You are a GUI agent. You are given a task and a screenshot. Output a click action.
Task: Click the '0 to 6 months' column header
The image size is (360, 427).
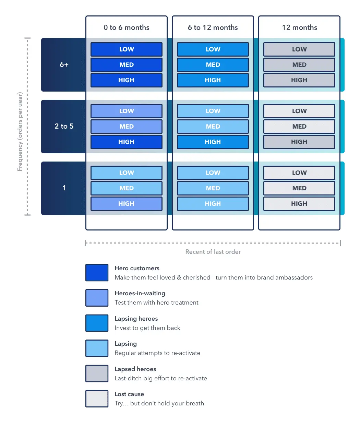(x=127, y=27)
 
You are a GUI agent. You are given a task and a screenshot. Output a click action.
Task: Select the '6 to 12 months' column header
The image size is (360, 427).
(x=213, y=27)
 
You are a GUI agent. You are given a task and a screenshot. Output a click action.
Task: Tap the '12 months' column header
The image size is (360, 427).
(x=299, y=27)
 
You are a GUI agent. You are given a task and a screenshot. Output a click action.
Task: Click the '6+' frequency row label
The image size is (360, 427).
(x=64, y=64)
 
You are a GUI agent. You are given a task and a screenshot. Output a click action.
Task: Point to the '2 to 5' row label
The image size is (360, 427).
(x=64, y=126)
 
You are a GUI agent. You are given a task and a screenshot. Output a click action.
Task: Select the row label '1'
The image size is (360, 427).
(x=64, y=188)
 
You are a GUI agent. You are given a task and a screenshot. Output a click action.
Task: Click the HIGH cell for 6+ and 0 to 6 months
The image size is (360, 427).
(x=127, y=80)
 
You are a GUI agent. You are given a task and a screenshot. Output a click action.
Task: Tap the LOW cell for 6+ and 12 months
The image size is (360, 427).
(x=299, y=49)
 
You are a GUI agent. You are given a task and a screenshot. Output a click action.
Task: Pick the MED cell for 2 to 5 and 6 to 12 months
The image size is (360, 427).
(x=213, y=127)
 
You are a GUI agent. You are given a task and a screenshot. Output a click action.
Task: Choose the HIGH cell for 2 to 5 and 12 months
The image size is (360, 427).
(x=299, y=142)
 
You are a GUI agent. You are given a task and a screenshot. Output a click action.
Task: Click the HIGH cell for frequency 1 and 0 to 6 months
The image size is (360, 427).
(x=127, y=204)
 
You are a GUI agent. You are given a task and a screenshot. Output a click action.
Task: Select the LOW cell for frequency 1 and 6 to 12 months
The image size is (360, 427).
(x=213, y=173)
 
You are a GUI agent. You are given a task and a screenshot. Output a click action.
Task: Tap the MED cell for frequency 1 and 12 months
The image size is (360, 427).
(x=299, y=188)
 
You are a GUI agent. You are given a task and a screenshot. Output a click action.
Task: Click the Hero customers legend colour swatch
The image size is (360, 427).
(x=97, y=273)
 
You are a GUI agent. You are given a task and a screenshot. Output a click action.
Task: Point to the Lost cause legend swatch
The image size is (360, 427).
(x=97, y=399)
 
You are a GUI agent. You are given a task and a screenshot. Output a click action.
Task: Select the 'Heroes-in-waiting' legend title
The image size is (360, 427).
(x=140, y=293)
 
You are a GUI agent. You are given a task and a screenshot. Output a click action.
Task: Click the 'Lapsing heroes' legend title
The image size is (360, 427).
(x=136, y=319)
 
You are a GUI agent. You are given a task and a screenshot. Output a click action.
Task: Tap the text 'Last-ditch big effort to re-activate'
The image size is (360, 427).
(x=161, y=378)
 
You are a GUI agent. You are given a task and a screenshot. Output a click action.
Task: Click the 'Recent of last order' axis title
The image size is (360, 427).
(x=213, y=252)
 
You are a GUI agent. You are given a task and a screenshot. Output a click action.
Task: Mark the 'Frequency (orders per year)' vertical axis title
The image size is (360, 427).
(x=20, y=132)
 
